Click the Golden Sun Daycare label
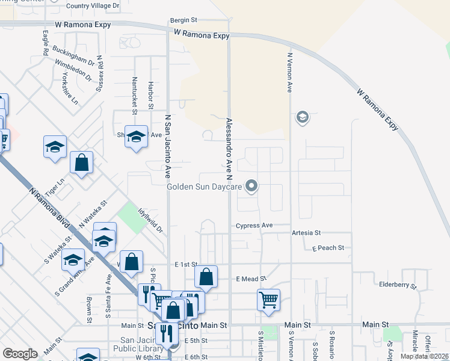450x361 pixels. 205,187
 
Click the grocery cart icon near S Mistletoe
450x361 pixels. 268,300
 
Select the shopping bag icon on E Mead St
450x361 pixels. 206,277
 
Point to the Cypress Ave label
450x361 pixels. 254,226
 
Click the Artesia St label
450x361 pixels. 307,233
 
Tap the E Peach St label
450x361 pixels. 328,248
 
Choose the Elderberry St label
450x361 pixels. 398,285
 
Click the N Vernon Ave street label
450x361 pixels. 289,72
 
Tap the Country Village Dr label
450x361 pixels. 93,6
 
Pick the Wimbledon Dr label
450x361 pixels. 73,70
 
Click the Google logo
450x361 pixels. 20,354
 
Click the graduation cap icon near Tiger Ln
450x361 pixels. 55,147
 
